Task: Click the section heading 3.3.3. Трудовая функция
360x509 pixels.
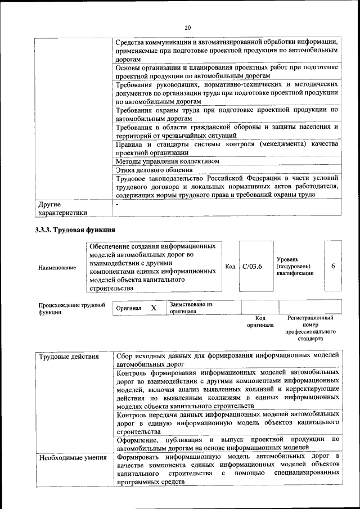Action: coord(75,230)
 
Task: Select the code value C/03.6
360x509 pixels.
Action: coord(252,266)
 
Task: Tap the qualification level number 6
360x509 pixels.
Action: coord(333,266)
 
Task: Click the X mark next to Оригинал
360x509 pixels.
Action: coord(153,308)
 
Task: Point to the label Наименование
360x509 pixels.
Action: coord(57,268)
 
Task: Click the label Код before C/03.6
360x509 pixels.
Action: coord(229,266)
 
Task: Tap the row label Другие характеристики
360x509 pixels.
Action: coord(62,209)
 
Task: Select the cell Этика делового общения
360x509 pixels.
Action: coord(154,169)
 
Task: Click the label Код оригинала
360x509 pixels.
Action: coord(259,322)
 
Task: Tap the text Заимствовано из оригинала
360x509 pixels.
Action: coord(191,308)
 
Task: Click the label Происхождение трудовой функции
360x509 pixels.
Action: coord(71,308)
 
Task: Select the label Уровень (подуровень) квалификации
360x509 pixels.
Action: coord(295,265)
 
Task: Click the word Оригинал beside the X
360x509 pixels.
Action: coord(129,308)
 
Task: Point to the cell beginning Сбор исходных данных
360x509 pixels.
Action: coord(227,360)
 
